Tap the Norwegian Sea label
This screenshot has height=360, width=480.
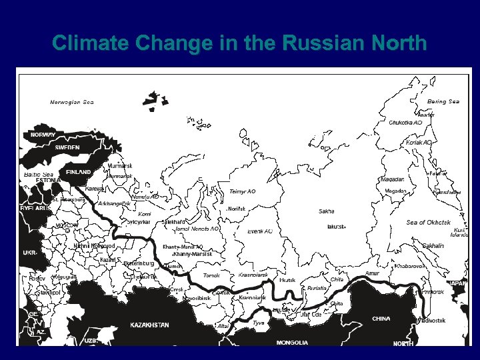72,102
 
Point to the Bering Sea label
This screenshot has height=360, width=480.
443,101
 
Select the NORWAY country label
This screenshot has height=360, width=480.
43,135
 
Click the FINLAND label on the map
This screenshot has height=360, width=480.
78,172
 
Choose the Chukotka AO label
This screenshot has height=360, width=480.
405,123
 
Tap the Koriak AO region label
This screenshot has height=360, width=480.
419,143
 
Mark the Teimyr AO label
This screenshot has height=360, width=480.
242,191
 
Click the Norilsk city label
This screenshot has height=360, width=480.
237,209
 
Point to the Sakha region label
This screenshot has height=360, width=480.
326,211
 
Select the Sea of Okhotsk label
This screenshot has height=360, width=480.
428,222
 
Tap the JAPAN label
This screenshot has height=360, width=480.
457,283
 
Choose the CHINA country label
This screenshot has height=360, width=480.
381,319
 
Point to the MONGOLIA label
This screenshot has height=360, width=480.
292,343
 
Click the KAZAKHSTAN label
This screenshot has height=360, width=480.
149,325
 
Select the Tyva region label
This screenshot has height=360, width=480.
259,323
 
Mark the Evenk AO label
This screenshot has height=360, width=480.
259,231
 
